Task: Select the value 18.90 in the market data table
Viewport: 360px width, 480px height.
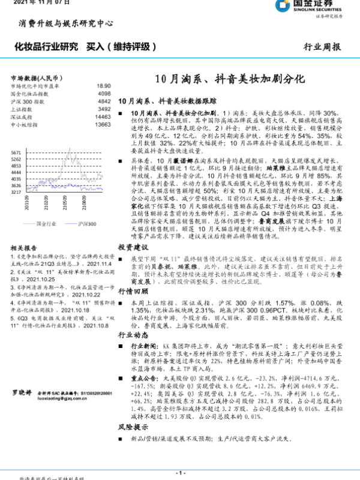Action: (103, 86)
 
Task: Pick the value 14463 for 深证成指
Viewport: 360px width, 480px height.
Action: (103, 117)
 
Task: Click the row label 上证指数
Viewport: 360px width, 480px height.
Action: (23, 109)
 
